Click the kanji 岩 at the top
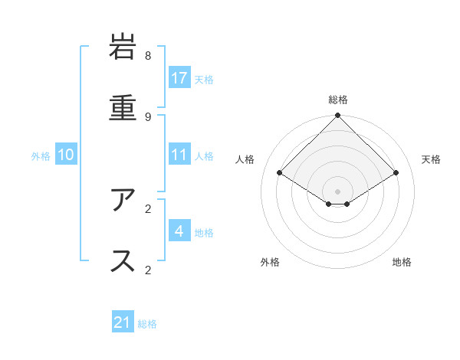[x=123, y=47]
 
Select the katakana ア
[x=123, y=201]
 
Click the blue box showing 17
[x=179, y=78]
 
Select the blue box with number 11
[x=179, y=155]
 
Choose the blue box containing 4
[x=179, y=231]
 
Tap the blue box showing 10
[x=66, y=155]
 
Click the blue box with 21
[x=123, y=322]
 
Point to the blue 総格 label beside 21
[x=147, y=324]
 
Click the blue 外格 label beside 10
[x=41, y=156]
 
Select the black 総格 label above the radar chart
[x=338, y=100]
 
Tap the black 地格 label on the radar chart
[x=402, y=262]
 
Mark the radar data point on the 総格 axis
[x=337, y=116]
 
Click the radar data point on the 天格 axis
[x=396, y=173]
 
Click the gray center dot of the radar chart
[x=337, y=191]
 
